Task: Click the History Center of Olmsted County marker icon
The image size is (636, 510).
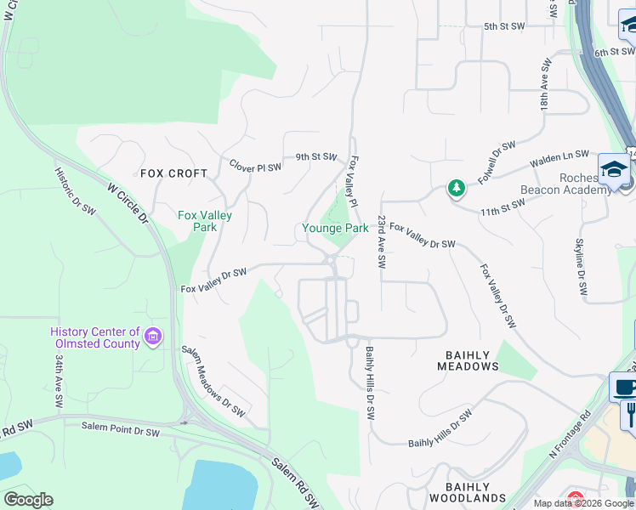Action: click(x=152, y=337)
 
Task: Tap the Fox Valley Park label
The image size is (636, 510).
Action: click(x=204, y=221)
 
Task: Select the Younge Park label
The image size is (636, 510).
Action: click(x=335, y=228)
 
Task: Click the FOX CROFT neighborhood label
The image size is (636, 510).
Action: click(x=173, y=173)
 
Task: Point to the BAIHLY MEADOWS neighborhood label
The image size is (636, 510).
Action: click(x=468, y=360)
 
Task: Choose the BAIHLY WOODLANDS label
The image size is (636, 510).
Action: click(x=468, y=492)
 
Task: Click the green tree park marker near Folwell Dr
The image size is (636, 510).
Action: click(x=457, y=188)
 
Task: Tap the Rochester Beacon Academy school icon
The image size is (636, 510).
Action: click(x=613, y=169)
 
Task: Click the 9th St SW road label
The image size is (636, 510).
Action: click(x=316, y=157)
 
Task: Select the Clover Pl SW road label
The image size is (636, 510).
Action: click(x=254, y=167)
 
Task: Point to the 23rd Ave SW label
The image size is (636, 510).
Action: click(x=383, y=242)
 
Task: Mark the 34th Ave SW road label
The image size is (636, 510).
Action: click(x=60, y=382)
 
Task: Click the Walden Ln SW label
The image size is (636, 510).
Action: click(x=559, y=157)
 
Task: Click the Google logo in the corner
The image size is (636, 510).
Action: click(x=28, y=500)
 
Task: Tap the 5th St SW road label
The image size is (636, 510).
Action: click(x=504, y=26)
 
